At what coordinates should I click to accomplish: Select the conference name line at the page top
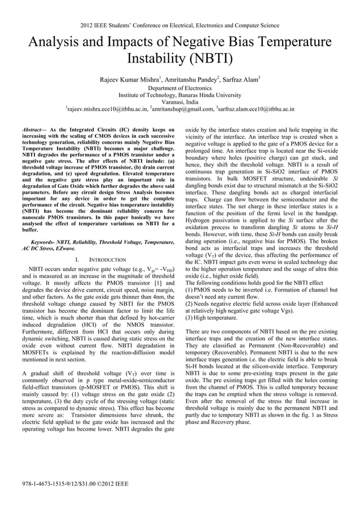pyautogui.click(x=179, y=25)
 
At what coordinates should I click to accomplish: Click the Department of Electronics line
pyautogui.click(x=179, y=88)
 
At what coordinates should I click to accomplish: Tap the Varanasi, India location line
pyautogui.click(x=179, y=102)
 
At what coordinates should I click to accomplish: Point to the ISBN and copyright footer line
pyautogui.click(x=74, y=484)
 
